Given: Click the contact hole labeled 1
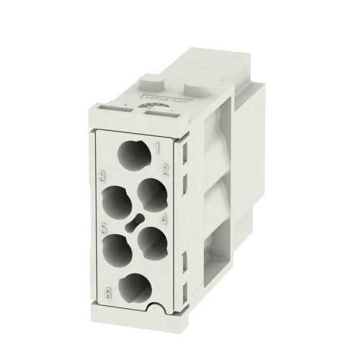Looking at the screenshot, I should click(x=130, y=155).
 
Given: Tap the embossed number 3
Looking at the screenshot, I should click(x=104, y=175).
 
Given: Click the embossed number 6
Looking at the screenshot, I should click(x=109, y=293).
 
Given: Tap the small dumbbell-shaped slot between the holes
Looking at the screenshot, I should click(x=132, y=220).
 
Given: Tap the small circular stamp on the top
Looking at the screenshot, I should click(x=153, y=105).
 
